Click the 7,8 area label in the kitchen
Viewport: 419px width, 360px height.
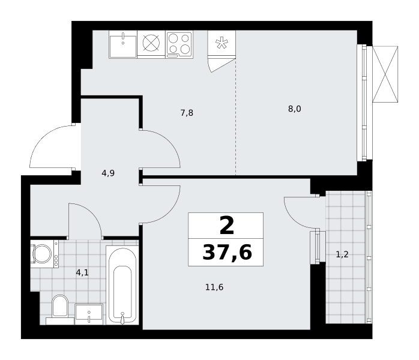click(187, 113)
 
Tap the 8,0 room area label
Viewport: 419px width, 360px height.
click(295, 109)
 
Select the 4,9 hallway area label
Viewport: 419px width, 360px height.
click(108, 173)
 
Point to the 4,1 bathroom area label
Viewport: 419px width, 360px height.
click(82, 272)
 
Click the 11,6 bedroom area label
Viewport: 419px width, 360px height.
click(214, 287)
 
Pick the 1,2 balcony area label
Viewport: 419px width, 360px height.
click(342, 254)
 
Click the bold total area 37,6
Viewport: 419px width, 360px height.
click(227, 253)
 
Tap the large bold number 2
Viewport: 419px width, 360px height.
click(227, 226)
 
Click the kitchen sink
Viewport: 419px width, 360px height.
click(123, 44)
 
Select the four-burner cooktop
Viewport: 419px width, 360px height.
click(179, 44)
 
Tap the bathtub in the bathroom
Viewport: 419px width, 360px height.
click(122, 285)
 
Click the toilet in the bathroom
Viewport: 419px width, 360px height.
click(60, 310)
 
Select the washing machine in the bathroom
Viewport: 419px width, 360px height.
click(44, 254)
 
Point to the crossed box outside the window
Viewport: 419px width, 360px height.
click(385, 74)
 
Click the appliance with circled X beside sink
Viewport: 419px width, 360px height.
click(151, 43)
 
